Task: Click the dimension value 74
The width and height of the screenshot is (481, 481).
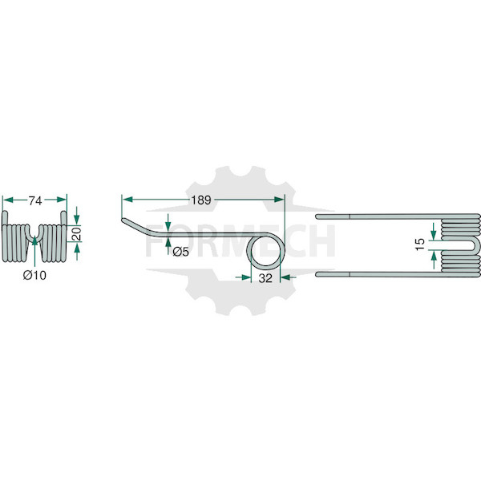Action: click(x=35, y=201)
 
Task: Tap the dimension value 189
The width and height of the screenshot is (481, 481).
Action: click(x=201, y=200)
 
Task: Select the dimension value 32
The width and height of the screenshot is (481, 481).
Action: click(x=265, y=278)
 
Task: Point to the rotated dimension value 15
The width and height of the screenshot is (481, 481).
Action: click(x=420, y=245)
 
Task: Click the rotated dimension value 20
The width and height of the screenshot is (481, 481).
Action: click(x=77, y=234)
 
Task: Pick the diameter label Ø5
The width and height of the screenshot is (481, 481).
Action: click(x=180, y=252)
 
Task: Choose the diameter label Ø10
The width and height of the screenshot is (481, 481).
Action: click(x=34, y=275)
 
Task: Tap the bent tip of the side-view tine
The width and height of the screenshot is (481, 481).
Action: click(x=123, y=220)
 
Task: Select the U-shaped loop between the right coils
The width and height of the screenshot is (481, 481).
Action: click(x=474, y=245)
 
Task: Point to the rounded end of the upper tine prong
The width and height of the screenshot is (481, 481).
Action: click(x=317, y=216)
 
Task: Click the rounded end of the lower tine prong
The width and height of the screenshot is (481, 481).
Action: click(x=317, y=274)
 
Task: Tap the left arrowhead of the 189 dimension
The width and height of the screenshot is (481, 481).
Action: click(x=127, y=200)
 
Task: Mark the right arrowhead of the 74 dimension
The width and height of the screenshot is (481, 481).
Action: click(x=62, y=200)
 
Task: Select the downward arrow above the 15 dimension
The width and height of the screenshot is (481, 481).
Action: click(x=434, y=232)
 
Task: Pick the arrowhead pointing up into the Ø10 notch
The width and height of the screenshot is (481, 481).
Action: click(x=34, y=240)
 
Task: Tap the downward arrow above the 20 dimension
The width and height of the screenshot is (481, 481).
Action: click(x=77, y=216)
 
